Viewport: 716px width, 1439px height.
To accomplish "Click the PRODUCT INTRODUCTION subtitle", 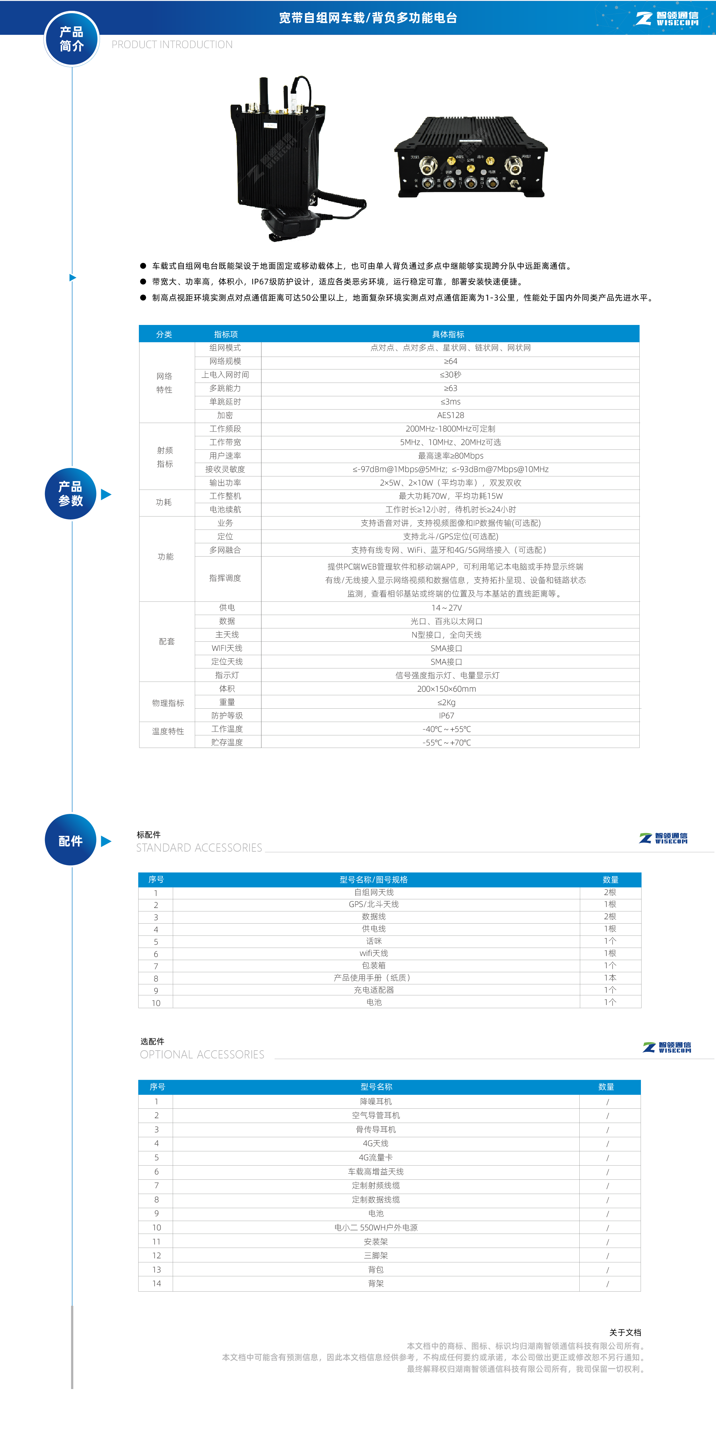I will point(172,45).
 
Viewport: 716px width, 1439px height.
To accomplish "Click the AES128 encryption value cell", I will point(450,415).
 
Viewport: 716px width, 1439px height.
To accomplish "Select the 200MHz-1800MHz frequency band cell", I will point(450,428).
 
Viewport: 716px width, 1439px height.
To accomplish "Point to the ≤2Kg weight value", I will point(446,702).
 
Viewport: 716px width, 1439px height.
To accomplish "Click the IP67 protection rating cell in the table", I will point(446,716).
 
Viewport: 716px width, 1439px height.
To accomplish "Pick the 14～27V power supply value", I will point(446,608).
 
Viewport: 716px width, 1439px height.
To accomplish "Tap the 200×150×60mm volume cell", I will point(446,689).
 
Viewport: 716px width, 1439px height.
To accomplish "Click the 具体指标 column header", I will point(448,334).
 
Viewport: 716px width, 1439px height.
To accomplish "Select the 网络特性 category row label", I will point(164,383).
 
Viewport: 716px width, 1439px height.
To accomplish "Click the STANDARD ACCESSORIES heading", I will point(199,848).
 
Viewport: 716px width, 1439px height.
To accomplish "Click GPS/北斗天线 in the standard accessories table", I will point(374,904).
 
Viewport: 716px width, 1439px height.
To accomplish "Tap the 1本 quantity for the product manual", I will point(610,978).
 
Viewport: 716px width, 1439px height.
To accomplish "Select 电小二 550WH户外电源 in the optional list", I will point(376,1227).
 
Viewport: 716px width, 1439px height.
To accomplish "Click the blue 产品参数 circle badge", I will point(70,494).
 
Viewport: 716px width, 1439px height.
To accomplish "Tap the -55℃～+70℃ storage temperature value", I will point(446,742).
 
